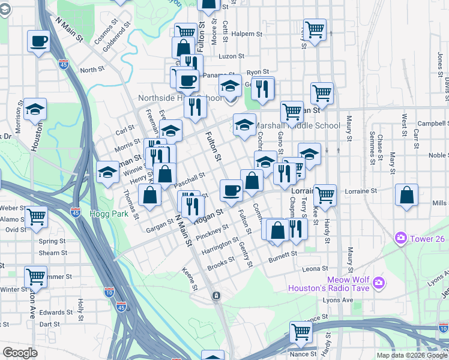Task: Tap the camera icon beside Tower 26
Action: [x=400, y=239]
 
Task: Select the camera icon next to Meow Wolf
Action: [x=378, y=282]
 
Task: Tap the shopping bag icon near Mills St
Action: [x=407, y=196]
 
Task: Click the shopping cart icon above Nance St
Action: [x=301, y=331]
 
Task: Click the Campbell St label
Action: [x=434, y=124]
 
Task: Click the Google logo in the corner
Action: [x=20, y=353]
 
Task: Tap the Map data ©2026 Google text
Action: [x=411, y=355]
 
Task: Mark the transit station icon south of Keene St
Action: [x=216, y=296]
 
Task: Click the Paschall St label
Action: [x=190, y=180]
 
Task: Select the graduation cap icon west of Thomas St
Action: [x=107, y=172]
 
